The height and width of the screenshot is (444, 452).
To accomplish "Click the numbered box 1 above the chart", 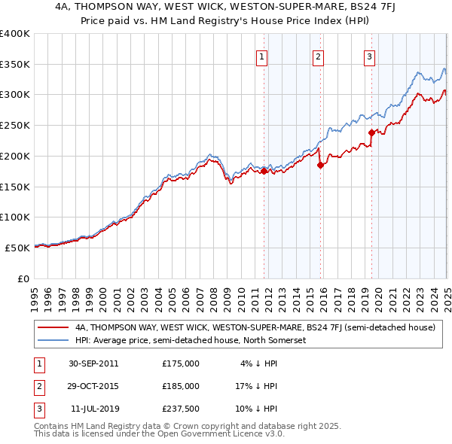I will [x=261, y=56].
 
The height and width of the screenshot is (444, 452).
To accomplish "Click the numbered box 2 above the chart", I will [x=318, y=56].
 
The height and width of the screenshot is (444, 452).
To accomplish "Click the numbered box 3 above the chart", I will [x=370, y=56].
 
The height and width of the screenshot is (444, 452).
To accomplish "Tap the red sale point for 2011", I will [x=264, y=172].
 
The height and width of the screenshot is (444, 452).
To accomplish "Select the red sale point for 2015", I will [x=321, y=166].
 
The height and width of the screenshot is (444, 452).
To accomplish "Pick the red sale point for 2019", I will [x=371, y=133].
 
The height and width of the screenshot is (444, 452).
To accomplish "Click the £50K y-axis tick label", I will [x=18, y=248].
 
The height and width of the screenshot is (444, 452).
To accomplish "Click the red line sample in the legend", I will [x=53, y=327].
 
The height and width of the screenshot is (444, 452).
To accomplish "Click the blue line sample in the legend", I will [x=53, y=340].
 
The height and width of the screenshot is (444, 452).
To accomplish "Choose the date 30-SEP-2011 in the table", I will [x=93, y=363].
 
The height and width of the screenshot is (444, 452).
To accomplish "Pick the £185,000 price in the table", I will [x=180, y=386].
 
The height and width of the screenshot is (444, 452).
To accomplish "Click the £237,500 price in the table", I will [x=180, y=409].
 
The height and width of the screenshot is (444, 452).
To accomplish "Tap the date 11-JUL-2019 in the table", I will [x=93, y=409].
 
